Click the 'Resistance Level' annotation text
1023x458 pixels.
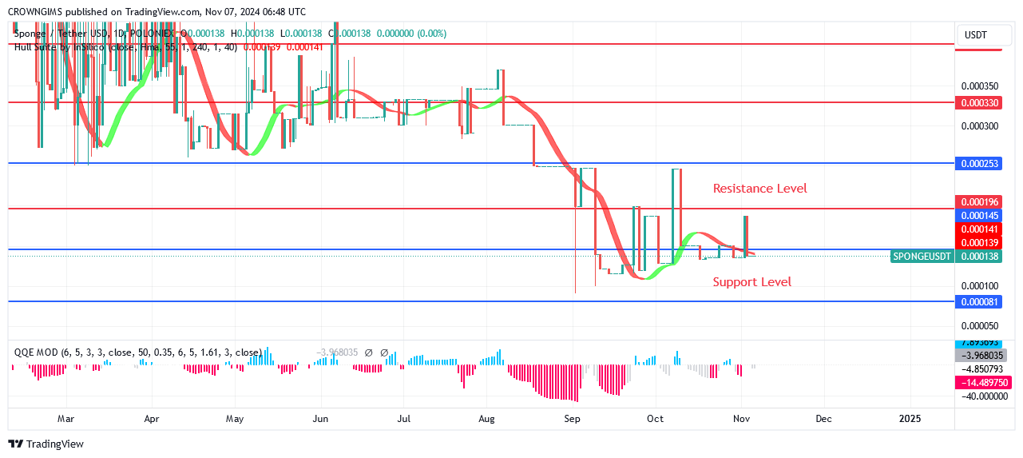(759, 189)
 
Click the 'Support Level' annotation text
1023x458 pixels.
(751, 281)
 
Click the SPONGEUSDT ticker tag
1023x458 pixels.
(921, 256)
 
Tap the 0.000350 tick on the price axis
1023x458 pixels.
(978, 86)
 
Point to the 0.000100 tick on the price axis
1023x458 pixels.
(978, 285)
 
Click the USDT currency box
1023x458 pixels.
(976, 35)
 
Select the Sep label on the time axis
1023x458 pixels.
(571, 418)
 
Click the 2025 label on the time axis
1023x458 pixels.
(910, 418)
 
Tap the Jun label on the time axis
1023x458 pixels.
(320, 418)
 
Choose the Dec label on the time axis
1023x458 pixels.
(823, 418)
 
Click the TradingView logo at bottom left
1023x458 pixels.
(46, 444)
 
